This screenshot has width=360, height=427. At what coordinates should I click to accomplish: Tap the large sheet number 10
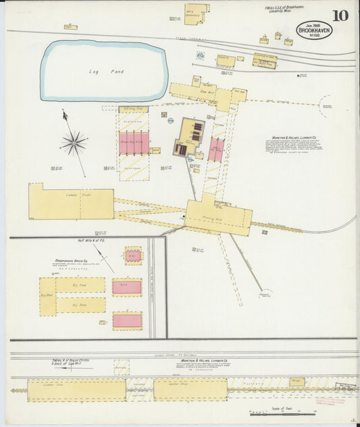click(340, 16)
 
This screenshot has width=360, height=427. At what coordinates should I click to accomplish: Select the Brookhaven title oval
click(314, 30)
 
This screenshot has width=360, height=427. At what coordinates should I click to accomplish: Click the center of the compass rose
click(74, 142)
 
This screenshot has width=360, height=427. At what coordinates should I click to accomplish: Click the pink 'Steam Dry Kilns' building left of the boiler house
click(134, 143)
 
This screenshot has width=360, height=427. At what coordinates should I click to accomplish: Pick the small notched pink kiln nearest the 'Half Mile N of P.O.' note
click(134, 256)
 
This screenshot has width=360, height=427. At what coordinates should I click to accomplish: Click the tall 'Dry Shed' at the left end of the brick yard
click(47, 297)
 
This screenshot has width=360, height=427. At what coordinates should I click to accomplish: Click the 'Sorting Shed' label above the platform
click(134, 109)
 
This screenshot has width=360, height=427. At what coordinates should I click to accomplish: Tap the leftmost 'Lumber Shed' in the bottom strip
click(76, 390)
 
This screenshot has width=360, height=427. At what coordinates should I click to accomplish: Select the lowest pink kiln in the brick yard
click(127, 320)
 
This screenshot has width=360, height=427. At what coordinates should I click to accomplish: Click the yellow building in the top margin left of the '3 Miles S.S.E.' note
click(195, 14)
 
